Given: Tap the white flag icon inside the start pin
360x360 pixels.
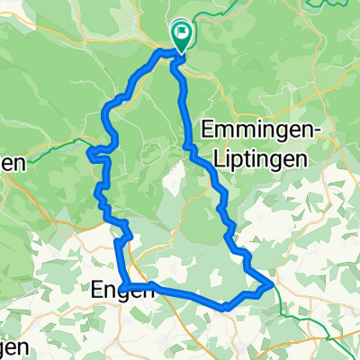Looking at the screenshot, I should pos(182,36).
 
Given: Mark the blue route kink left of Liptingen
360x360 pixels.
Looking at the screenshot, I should pos(190,149).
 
